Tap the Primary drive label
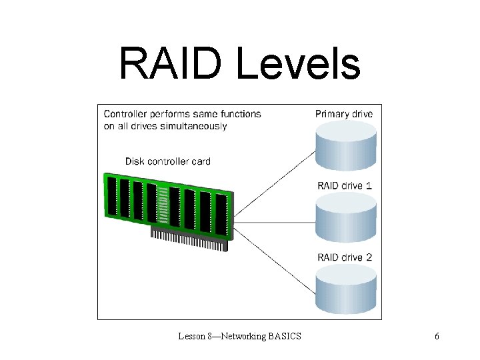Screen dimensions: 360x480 (344, 114)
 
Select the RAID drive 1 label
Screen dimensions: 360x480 (344, 185)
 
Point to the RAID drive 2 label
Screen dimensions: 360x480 (344, 257)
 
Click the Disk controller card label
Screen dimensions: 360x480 (168, 161)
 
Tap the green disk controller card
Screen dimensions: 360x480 (167, 203)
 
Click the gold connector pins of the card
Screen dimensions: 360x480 (190, 240)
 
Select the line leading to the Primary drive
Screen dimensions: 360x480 (273, 187)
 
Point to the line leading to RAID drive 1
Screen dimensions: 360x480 (273, 222)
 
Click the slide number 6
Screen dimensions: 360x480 (437, 336)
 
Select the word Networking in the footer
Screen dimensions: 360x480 (241, 336)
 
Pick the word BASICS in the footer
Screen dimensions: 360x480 (285, 336)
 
